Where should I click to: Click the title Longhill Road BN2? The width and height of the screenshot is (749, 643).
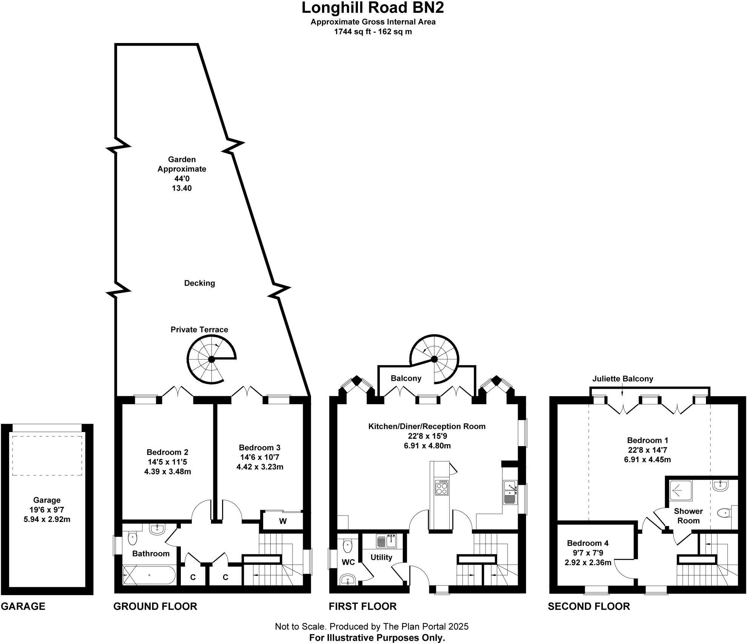point(373,8)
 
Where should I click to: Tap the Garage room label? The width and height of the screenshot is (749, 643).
point(47,500)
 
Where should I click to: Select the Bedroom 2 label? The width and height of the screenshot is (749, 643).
point(167,452)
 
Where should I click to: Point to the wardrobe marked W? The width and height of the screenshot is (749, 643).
point(283,521)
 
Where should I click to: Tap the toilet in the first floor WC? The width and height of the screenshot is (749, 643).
point(347,546)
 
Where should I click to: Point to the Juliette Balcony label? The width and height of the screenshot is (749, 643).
point(623,378)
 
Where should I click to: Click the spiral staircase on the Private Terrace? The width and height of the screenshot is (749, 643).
point(211,359)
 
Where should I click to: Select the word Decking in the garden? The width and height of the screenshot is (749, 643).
point(199,283)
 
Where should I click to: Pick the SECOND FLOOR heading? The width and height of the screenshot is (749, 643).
point(589,606)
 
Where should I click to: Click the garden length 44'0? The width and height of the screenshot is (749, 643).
point(182,178)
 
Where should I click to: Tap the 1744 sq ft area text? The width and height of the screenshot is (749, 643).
point(373,32)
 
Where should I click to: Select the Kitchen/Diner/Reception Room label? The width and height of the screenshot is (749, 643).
point(427,426)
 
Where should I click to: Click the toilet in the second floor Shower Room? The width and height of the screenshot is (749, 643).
point(723,513)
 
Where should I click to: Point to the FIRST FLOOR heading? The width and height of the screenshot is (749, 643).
point(362,606)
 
